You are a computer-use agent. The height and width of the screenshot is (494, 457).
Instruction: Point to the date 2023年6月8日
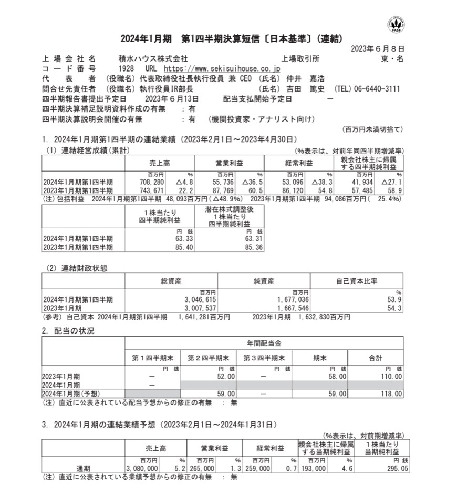click(x=377, y=49)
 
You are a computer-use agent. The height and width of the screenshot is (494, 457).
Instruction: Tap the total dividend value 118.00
click(x=391, y=394)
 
